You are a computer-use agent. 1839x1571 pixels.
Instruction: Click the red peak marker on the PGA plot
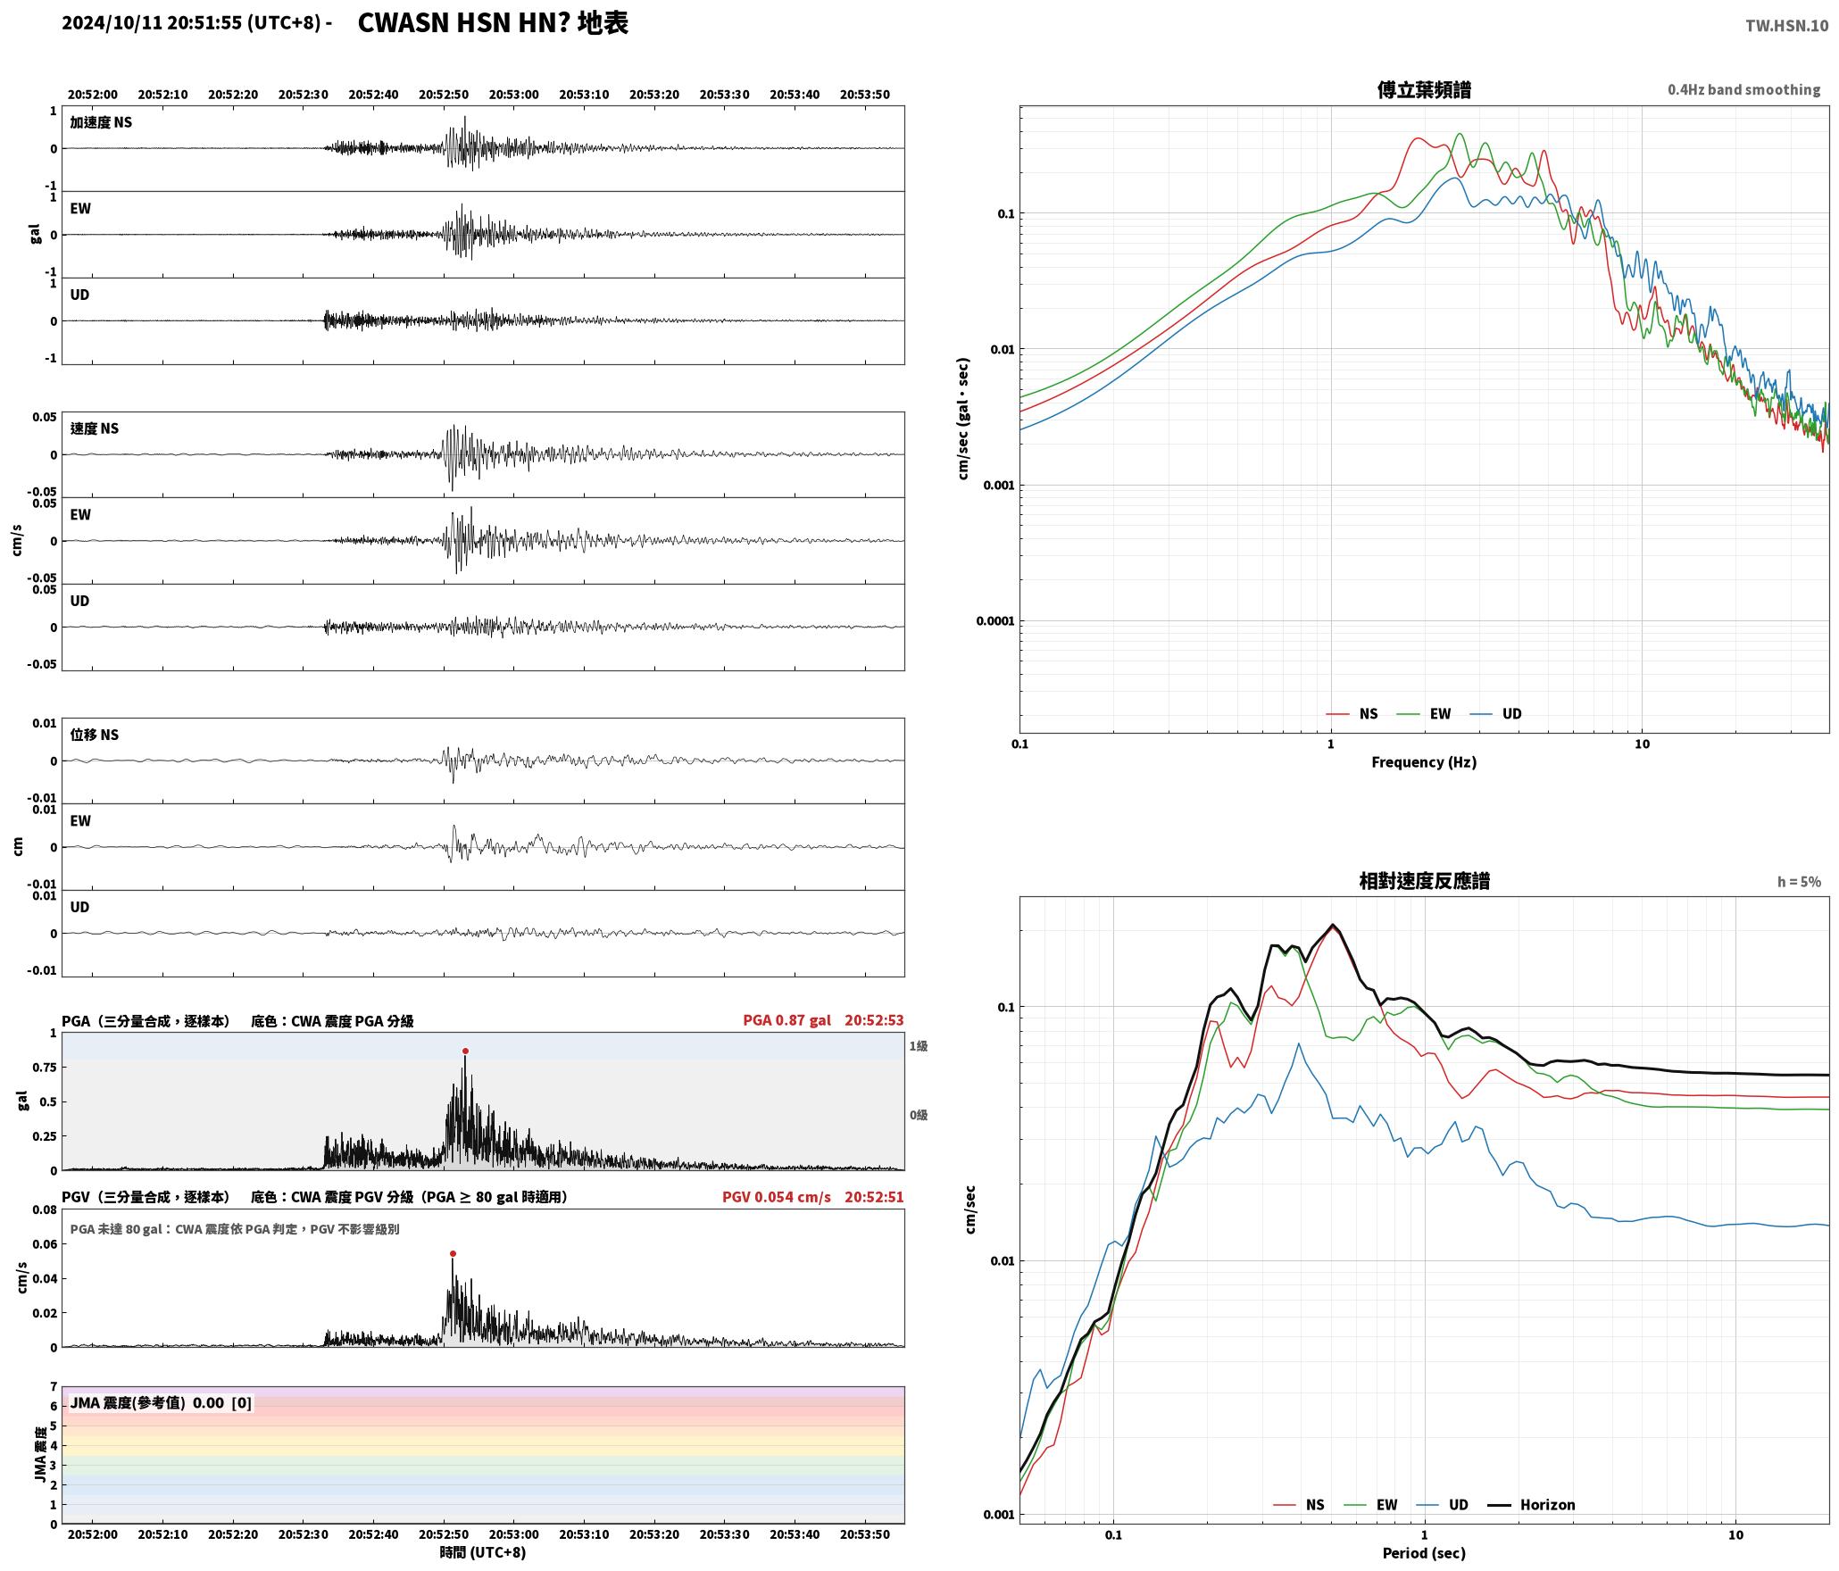pos(465,1051)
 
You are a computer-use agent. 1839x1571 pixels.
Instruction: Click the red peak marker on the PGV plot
pos(453,1254)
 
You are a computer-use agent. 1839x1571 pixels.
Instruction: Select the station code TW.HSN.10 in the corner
pos(1786,26)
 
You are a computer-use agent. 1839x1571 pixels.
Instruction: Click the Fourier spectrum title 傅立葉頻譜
pos(1424,90)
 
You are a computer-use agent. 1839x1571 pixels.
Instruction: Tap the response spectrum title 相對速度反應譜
pos(1424,881)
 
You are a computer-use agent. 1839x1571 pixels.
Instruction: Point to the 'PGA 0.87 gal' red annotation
pos(786,1020)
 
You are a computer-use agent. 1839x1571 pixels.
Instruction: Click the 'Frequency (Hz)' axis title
pos(1424,762)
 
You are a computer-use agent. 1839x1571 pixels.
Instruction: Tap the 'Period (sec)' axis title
pos(1424,1553)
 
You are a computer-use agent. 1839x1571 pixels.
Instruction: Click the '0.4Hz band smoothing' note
pos(1743,90)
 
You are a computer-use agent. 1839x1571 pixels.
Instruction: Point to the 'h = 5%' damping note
pos(1799,882)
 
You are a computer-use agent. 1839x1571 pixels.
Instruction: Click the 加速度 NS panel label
pos(101,122)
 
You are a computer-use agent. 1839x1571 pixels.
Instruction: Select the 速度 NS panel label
pos(95,428)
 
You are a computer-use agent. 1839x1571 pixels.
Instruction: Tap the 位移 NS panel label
pos(95,735)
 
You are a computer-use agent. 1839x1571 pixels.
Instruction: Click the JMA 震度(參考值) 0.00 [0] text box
pos(161,1403)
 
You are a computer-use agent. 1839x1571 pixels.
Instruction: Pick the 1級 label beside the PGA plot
pos(919,1046)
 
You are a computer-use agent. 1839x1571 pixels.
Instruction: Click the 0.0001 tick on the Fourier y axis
pos(994,621)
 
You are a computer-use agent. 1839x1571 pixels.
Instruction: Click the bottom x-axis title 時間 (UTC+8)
pos(483,1552)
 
